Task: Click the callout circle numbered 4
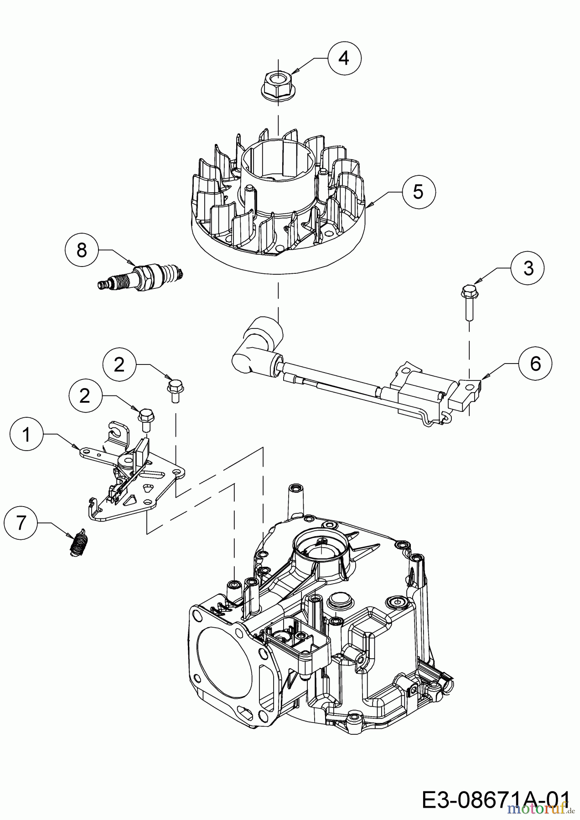pyautogui.click(x=344, y=58)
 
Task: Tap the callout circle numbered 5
pyautogui.click(x=418, y=191)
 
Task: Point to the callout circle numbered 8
pyautogui.click(x=82, y=250)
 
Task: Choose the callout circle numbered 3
pyautogui.click(x=528, y=268)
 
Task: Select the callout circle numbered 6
pyautogui.click(x=535, y=363)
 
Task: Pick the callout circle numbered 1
pyautogui.click(x=27, y=435)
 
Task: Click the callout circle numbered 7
pyautogui.click(x=21, y=523)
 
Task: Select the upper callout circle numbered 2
pyautogui.click(x=119, y=365)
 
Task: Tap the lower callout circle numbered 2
pyautogui.click(x=85, y=396)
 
